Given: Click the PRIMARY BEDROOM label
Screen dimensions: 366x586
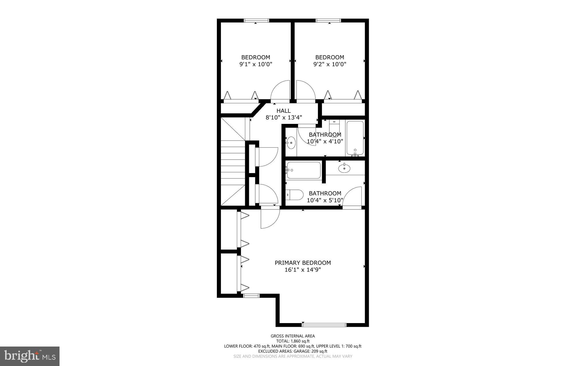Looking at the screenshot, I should [303, 263].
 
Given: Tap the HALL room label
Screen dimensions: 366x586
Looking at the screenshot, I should [284, 111].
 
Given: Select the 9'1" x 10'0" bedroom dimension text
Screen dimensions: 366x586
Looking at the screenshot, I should [256, 64].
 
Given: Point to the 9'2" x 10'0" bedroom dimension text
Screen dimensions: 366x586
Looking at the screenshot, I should [330, 64].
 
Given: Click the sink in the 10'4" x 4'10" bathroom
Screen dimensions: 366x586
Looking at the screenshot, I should [291, 142].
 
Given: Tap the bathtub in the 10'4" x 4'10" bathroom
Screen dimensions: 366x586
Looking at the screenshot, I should [355, 138].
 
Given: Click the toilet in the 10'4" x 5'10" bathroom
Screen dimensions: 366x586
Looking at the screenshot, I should [294, 195].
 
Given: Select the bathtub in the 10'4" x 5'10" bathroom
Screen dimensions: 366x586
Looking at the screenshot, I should [304, 170].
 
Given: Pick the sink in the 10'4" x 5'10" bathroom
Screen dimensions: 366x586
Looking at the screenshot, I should [344, 168].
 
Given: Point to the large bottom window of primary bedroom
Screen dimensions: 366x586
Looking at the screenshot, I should [324, 325].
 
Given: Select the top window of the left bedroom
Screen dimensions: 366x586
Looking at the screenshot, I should [256, 20].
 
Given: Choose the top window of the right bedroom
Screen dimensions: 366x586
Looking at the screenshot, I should [328, 20].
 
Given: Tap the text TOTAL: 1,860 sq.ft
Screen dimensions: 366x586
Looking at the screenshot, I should [293, 341].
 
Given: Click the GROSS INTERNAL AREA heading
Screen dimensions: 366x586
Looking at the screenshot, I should [293, 336].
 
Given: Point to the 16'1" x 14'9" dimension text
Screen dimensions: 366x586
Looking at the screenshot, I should [303, 270].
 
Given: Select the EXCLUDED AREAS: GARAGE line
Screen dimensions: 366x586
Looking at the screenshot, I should [293, 351].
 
